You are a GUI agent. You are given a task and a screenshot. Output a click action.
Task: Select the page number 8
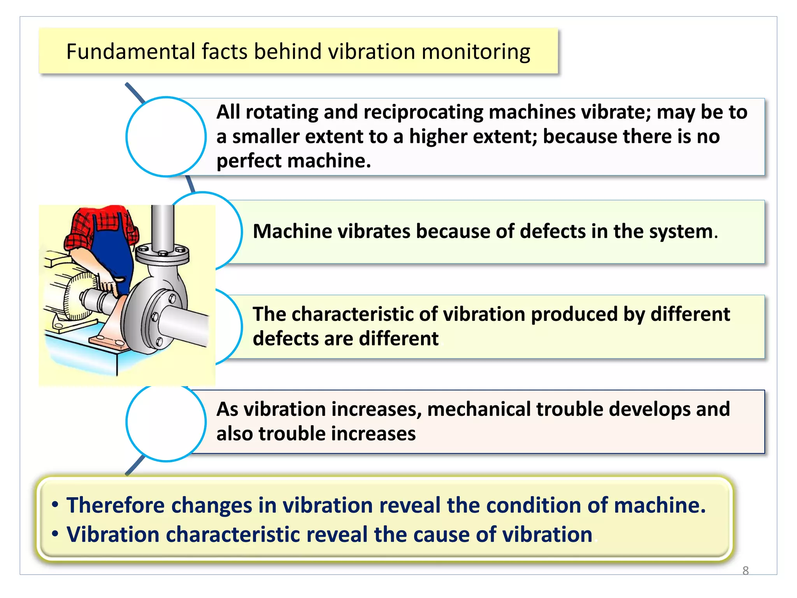(745, 570)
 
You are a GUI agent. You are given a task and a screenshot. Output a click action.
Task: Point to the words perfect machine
(293, 161)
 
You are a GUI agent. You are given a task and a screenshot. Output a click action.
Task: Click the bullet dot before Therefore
(55, 505)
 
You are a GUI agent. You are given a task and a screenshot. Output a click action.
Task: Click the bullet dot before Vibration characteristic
(55, 534)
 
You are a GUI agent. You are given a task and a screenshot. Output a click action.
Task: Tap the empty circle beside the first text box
(166, 137)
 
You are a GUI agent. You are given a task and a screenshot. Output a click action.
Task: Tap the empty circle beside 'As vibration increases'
(166, 422)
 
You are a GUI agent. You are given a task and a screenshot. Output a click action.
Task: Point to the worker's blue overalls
(113, 257)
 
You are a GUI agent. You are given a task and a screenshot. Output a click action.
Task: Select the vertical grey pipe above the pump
(162, 226)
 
